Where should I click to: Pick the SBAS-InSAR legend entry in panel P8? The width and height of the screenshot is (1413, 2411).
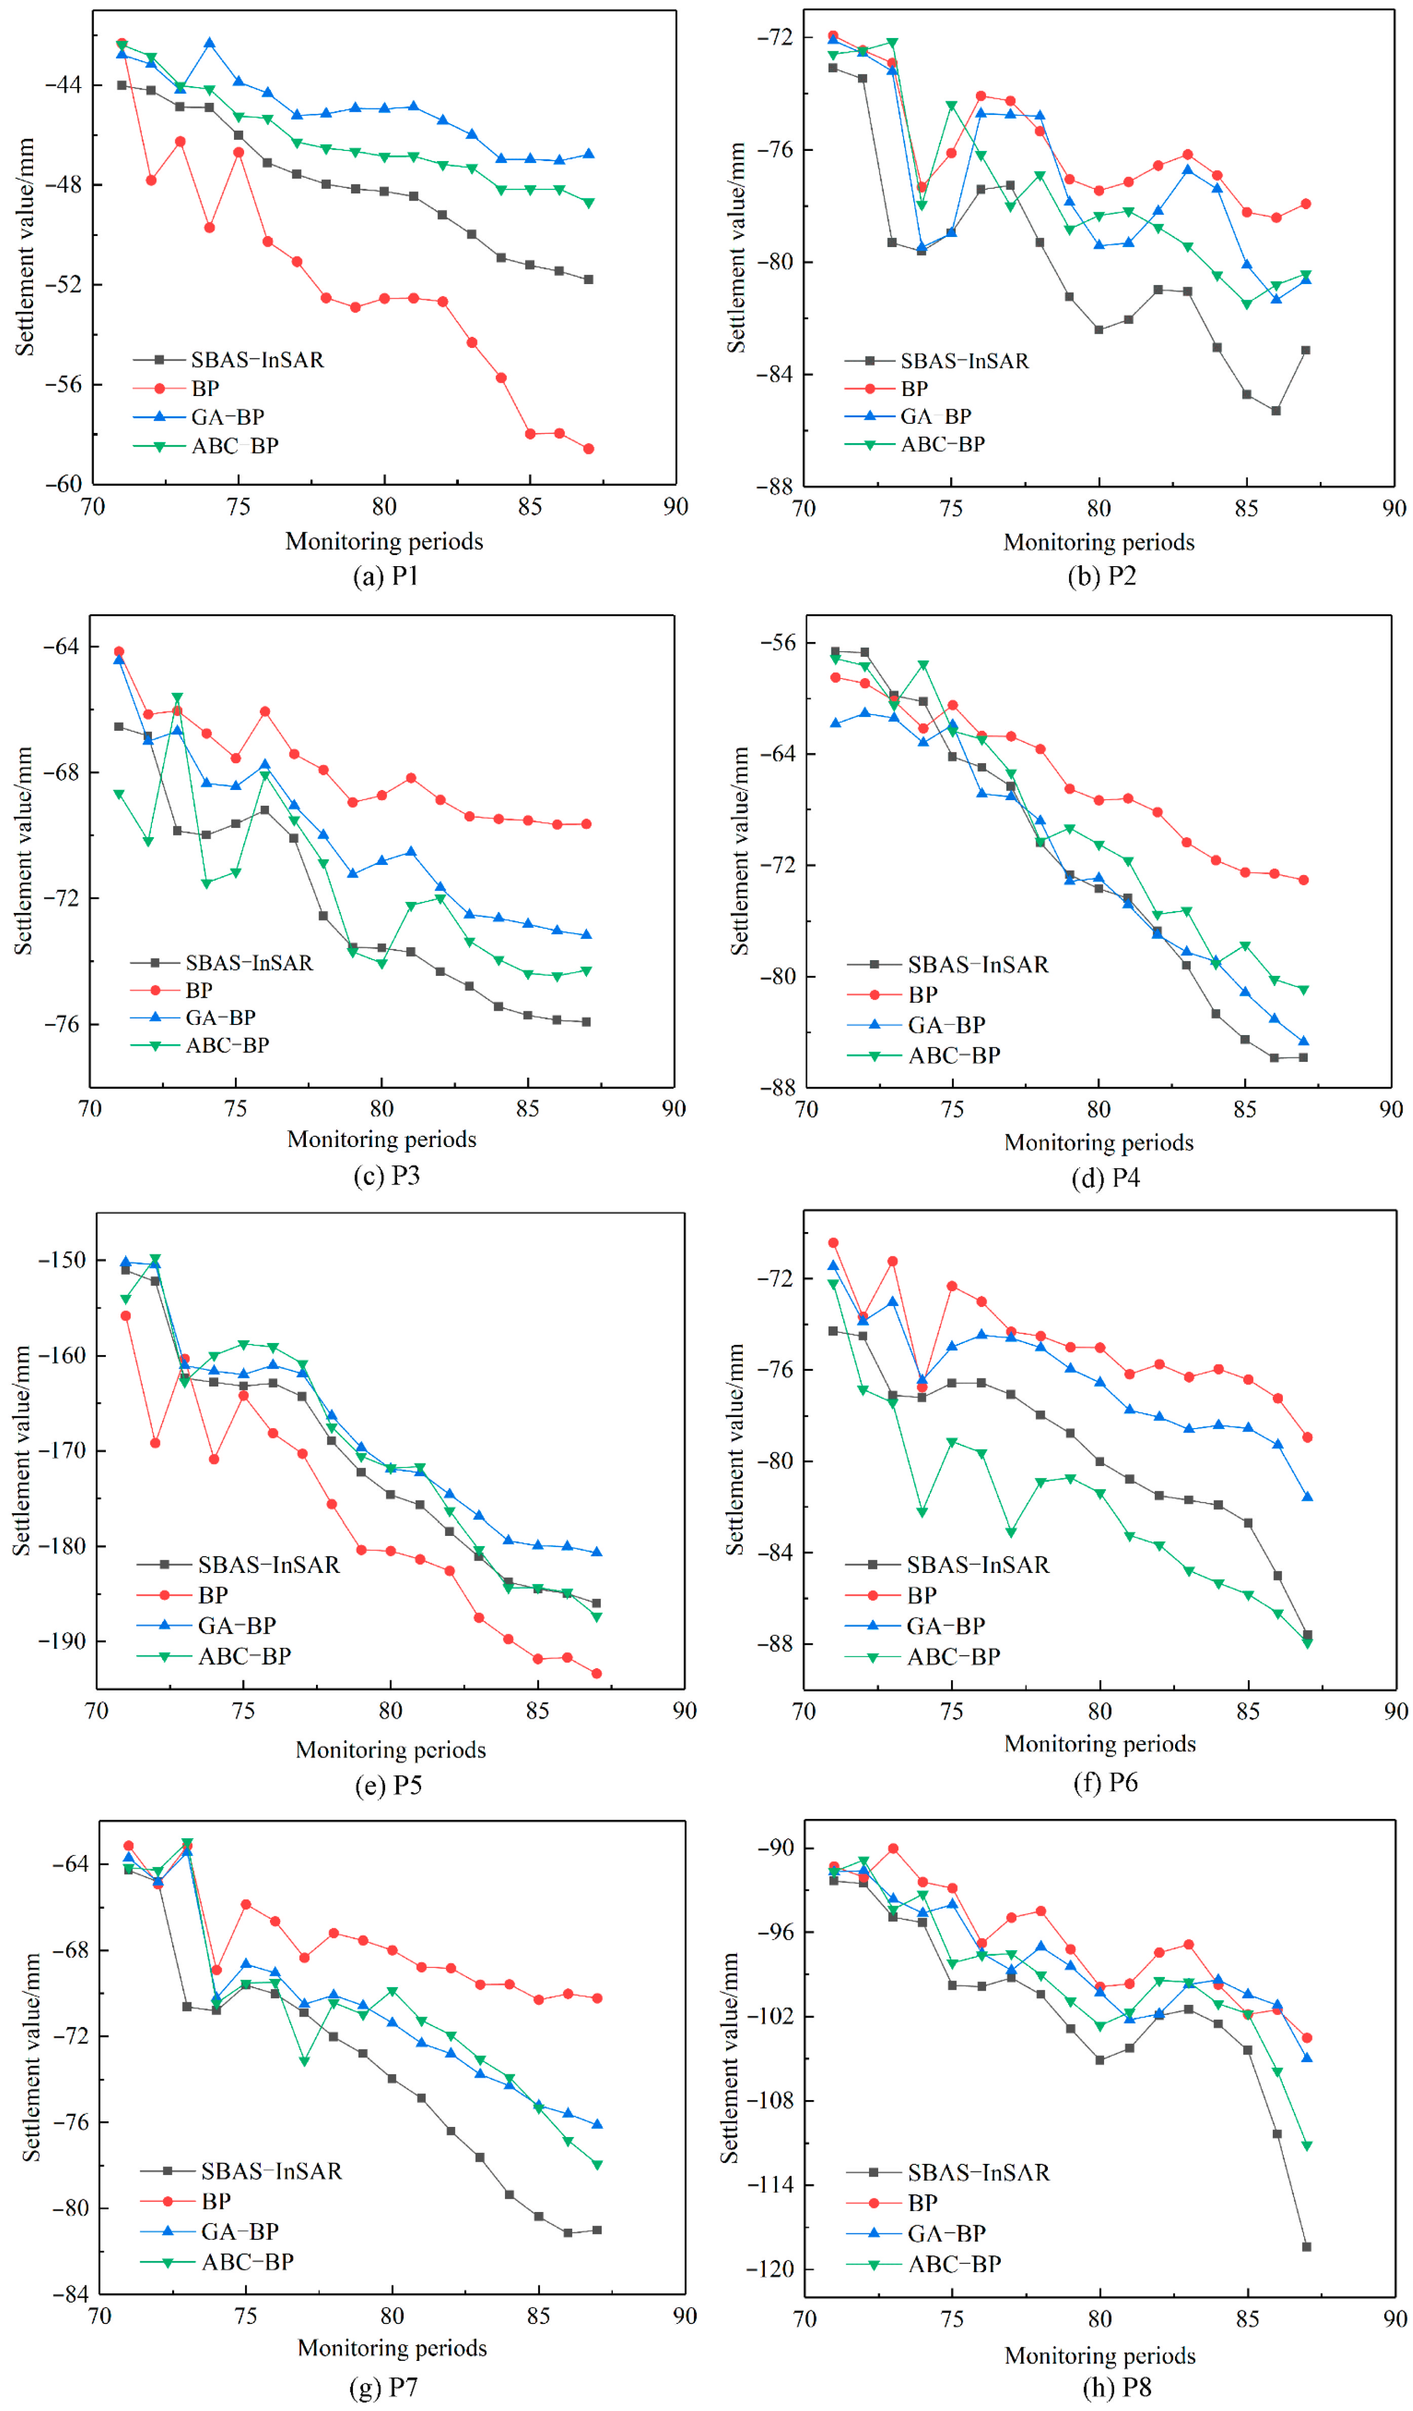point(978,2173)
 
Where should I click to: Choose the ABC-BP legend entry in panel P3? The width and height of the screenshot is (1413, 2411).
point(227,1045)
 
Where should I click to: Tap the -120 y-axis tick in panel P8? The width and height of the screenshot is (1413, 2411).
point(770,2269)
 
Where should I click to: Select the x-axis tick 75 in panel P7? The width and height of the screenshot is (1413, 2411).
point(246,2315)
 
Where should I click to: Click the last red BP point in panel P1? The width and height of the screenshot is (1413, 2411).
point(588,449)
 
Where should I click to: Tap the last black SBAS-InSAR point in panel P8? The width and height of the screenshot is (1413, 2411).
point(1307,2246)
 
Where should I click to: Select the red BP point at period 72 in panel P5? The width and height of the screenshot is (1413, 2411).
point(155,1443)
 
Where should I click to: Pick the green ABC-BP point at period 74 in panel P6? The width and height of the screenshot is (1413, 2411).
point(922,1513)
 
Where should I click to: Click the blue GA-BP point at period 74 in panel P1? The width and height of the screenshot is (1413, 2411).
point(210,43)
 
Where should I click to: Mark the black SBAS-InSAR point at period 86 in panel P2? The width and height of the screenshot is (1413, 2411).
point(1276,411)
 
